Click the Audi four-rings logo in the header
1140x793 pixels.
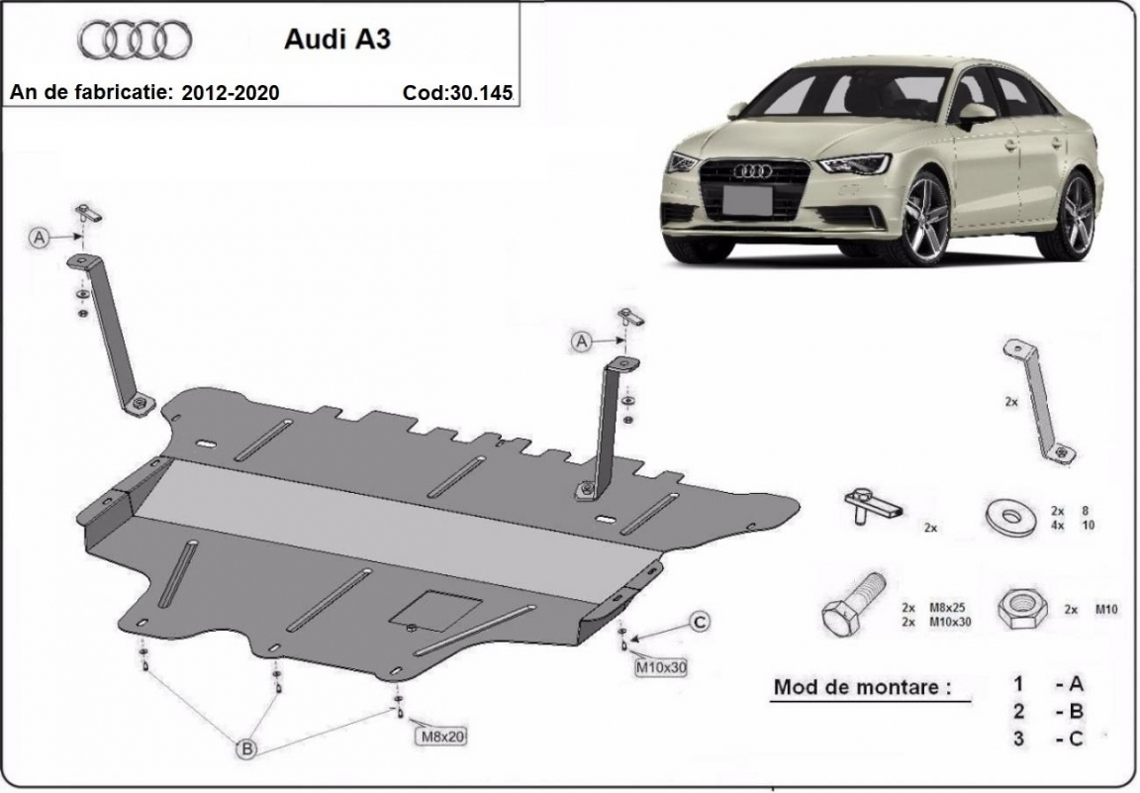pyautogui.click(x=135, y=40)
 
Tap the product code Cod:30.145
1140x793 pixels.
pyautogui.click(x=457, y=93)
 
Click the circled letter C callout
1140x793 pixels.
pyautogui.click(x=699, y=622)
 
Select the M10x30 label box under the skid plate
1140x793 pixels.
pyautogui.click(x=660, y=667)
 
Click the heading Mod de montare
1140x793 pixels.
pyautogui.click(x=857, y=686)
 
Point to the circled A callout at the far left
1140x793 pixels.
pyautogui.click(x=40, y=238)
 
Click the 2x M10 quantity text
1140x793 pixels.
pyautogui.click(x=1091, y=610)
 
